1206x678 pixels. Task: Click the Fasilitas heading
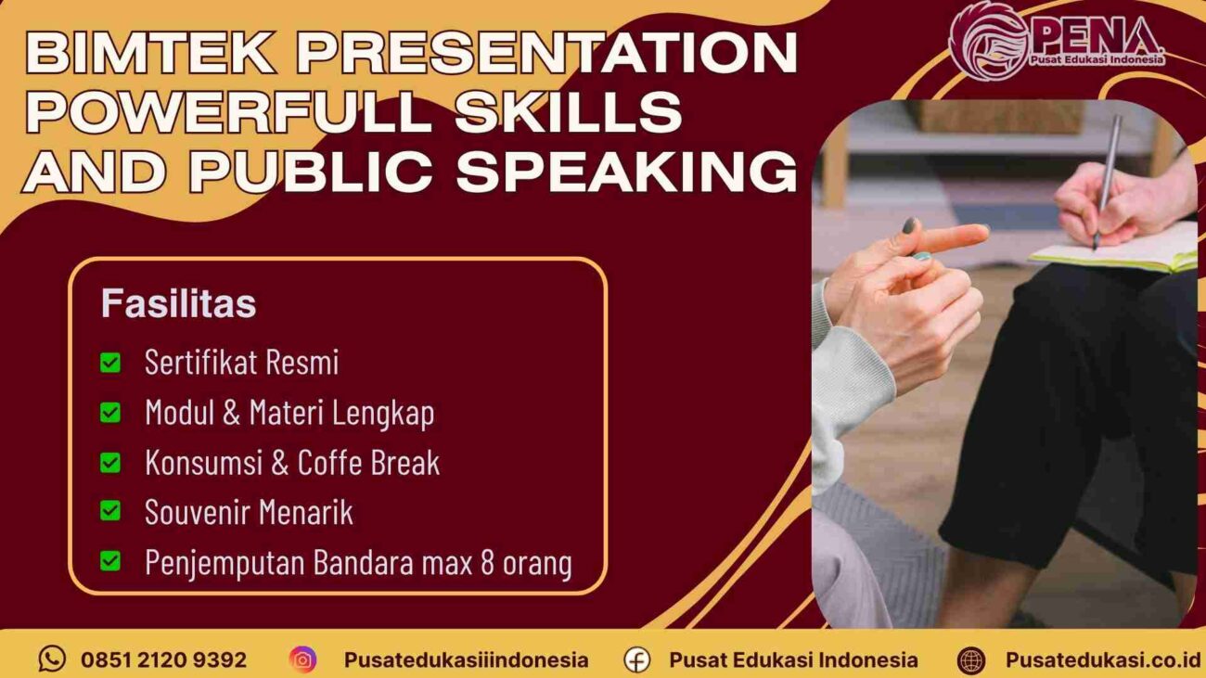[178, 304]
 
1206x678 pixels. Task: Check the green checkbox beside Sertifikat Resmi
[110, 363]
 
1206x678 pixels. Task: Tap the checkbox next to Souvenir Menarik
[110, 511]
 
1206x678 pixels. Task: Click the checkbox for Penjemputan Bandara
[110, 561]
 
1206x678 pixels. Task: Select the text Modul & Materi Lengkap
[289, 413]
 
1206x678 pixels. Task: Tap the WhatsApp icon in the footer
[52, 659]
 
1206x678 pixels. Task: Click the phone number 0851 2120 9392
[163, 660]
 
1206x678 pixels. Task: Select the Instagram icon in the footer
[302, 659]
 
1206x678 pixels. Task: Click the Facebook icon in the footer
[636, 659]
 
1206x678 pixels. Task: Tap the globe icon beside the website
[970, 659]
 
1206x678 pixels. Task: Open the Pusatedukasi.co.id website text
[1102, 660]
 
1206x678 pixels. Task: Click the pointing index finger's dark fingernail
[909, 225]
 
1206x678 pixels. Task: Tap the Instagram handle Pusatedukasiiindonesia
[466, 660]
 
